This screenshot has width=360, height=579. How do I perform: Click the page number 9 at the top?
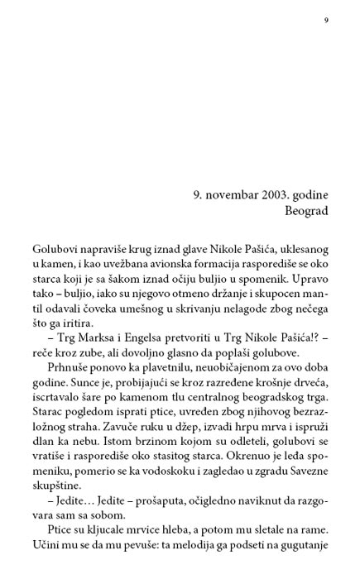click(x=326, y=21)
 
